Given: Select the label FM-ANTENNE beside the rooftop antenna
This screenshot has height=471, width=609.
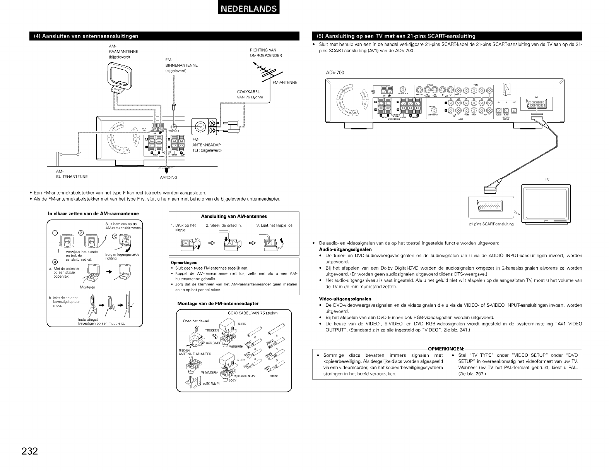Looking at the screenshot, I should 284,82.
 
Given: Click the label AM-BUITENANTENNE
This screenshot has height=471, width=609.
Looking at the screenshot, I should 72,174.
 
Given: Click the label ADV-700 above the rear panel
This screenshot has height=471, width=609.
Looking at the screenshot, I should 335,72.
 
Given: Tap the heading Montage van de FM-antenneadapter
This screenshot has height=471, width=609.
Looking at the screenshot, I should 218,303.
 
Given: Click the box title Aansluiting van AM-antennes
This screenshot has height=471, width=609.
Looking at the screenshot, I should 234,216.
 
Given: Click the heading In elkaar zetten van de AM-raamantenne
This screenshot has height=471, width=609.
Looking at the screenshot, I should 93,213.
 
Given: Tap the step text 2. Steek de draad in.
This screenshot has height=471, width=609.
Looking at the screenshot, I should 224,225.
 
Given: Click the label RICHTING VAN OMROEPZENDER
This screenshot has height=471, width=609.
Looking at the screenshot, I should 266,53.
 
